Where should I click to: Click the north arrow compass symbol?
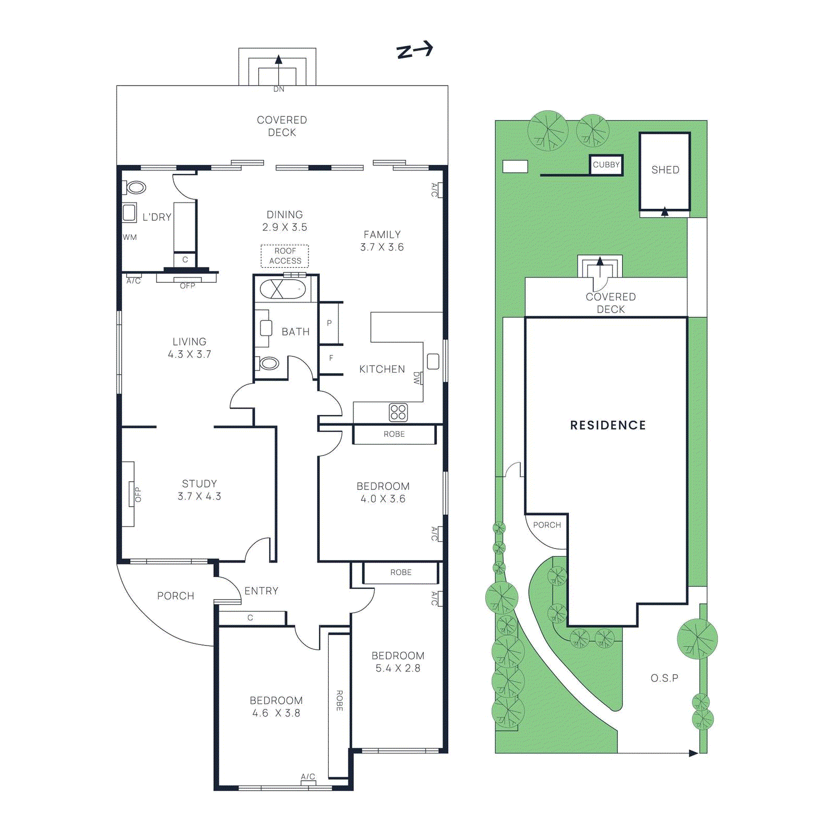pyautogui.click(x=415, y=50)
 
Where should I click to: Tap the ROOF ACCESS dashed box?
pyautogui.click(x=285, y=256)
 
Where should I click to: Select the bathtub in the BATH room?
pyautogui.click(x=282, y=289)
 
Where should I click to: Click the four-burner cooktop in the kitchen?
pyautogui.click(x=398, y=412)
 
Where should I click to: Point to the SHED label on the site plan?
pyautogui.click(x=665, y=170)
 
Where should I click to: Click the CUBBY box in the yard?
pyautogui.click(x=606, y=165)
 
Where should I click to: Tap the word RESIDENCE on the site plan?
pyautogui.click(x=608, y=425)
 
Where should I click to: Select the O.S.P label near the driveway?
pyautogui.click(x=664, y=678)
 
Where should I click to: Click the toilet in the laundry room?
pyautogui.click(x=136, y=187)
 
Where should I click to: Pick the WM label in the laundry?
pyautogui.click(x=130, y=237)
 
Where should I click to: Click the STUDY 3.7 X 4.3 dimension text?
pyautogui.click(x=199, y=496)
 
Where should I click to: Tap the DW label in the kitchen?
pyautogui.click(x=416, y=378)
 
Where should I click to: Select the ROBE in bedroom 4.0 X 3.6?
pyautogui.click(x=394, y=434)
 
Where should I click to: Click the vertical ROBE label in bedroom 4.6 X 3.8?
pyautogui.click(x=339, y=700)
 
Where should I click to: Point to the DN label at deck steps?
pyautogui.click(x=279, y=89)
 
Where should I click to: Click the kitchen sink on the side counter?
pyautogui.click(x=433, y=361)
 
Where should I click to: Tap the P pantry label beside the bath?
pyautogui.click(x=329, y=323)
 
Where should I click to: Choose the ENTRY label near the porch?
pyautogui.click(x=261, y=591)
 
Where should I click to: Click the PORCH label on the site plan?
pyautogui.click(x=547, y=525)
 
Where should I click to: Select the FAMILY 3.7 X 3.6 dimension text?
pyautogui.click(x=382, y=247)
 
